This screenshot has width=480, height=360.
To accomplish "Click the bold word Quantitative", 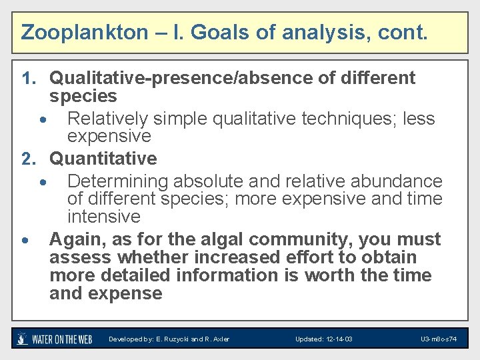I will (x=103, y=159).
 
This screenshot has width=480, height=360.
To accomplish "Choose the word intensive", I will (x=104, y=217).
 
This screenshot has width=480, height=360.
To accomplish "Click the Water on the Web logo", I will (x=55, y=339).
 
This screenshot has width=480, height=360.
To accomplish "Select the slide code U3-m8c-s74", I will (x=439, y=339).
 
